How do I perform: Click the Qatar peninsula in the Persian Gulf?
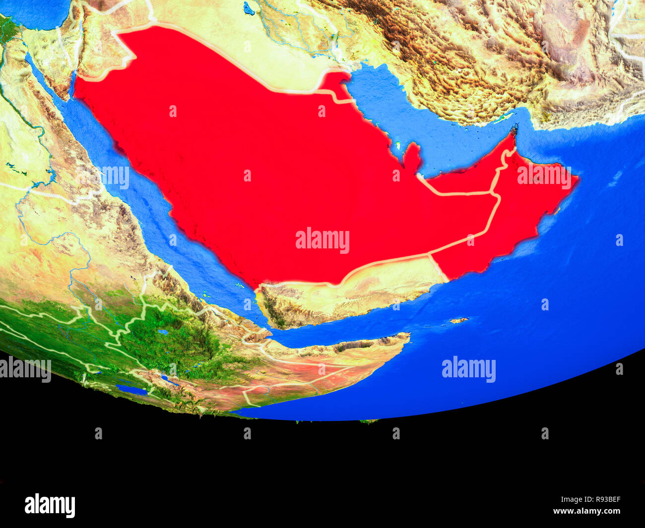click(412, 157)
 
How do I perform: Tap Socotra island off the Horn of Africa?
click(458, 320)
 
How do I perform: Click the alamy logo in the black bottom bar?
click(50, 505)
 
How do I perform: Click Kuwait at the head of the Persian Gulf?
click(337, 82)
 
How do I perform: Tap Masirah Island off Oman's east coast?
click(557, 211)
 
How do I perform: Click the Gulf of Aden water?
click(347, 330)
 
